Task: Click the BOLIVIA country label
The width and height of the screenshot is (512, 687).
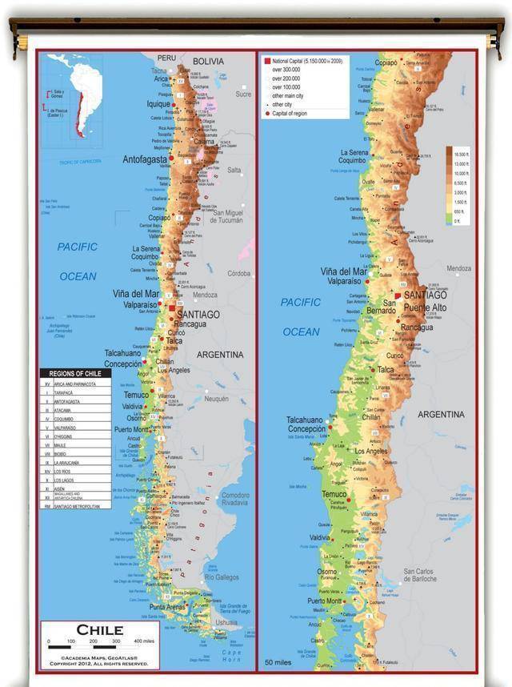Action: (x=208, y=62)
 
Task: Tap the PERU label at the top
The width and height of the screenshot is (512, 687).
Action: (x=166, y=58)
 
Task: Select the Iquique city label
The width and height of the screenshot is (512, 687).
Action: (x=158, y=104)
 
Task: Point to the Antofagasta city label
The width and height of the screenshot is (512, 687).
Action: (x=145, y=159)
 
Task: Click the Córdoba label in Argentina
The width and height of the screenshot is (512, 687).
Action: (x=238, y=273)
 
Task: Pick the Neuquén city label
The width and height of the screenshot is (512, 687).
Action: (x=216, y=398)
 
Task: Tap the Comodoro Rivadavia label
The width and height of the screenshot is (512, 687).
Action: (x=234, y=499)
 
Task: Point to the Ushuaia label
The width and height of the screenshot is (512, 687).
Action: (x=226, y=621)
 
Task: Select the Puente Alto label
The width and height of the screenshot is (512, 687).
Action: (x=425, y=307)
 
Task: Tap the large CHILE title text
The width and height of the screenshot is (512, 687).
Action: (x=99, y=629)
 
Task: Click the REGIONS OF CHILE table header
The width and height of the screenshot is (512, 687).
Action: (x=75, y=374)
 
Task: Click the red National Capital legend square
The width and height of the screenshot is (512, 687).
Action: (x=266, y=60)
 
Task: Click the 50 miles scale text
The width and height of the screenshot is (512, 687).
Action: (x=279, y=662)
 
